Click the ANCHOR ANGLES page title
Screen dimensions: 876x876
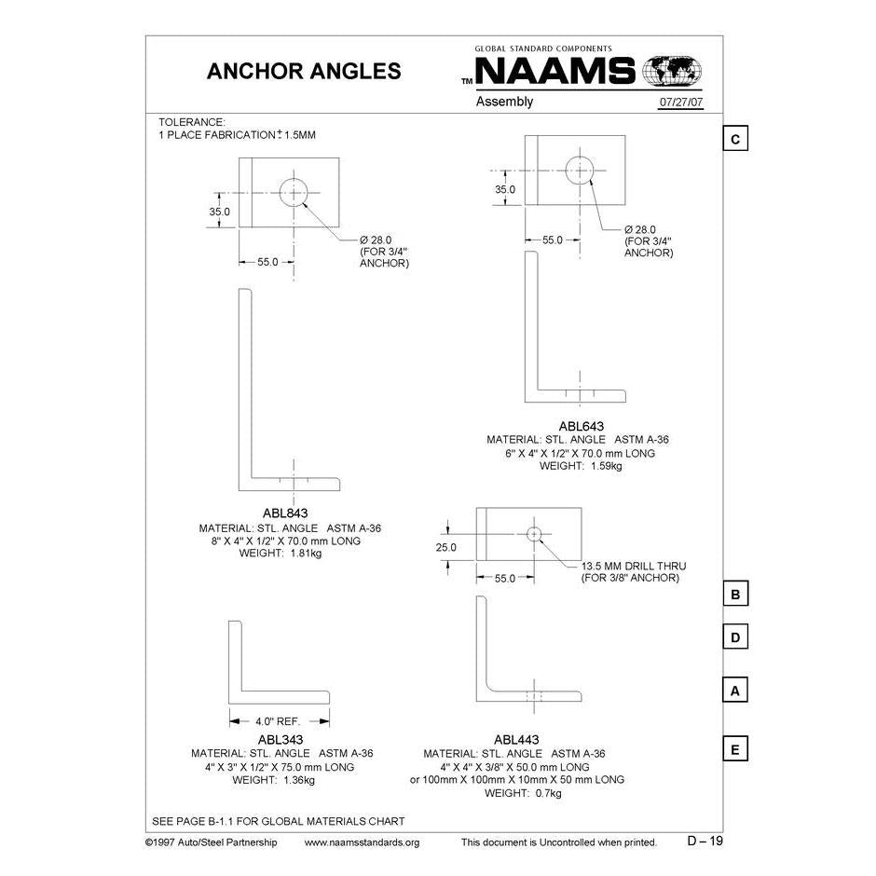point(303,72)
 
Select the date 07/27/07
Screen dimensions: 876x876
point(681,103)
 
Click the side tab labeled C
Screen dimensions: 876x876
point(735,139)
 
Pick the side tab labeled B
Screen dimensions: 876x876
point(735,594)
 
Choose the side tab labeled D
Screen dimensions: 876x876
point(735,637)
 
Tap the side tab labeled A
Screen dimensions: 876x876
point(735,691)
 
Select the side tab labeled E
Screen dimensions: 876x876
point(735,749)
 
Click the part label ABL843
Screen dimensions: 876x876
point(285,513)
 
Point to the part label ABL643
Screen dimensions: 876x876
point(580,426)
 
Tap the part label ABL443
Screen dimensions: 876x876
point(517,740)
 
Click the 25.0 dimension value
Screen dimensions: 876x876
point(446,547)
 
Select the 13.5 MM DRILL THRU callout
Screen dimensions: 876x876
point(630,566)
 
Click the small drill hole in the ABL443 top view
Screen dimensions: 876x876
point(533,534)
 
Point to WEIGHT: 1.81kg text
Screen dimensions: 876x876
point(281,553)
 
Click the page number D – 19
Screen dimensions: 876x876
point(705,841)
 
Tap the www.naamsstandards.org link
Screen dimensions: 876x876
point(363,842)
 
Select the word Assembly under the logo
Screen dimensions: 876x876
point(504,102)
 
